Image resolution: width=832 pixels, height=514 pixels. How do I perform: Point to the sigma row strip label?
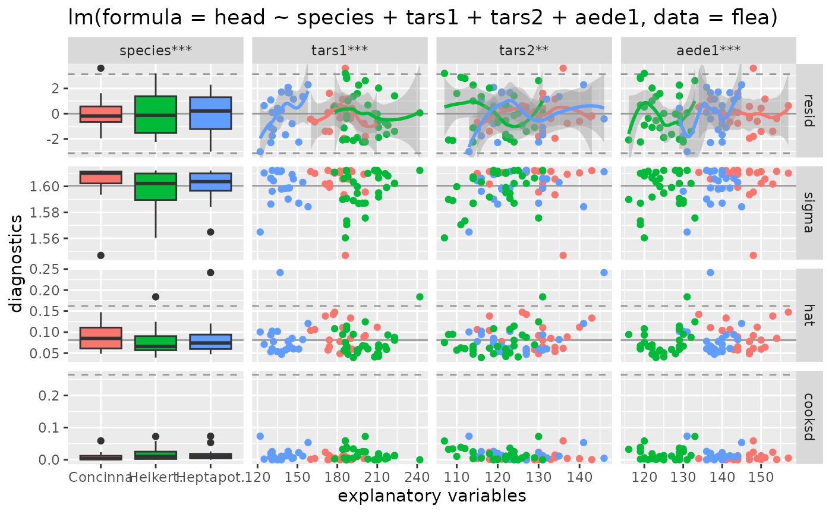815,213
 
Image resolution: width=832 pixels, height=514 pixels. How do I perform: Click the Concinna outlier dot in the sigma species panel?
100,256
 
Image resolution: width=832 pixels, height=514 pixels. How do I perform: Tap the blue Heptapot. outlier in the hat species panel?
210,273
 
